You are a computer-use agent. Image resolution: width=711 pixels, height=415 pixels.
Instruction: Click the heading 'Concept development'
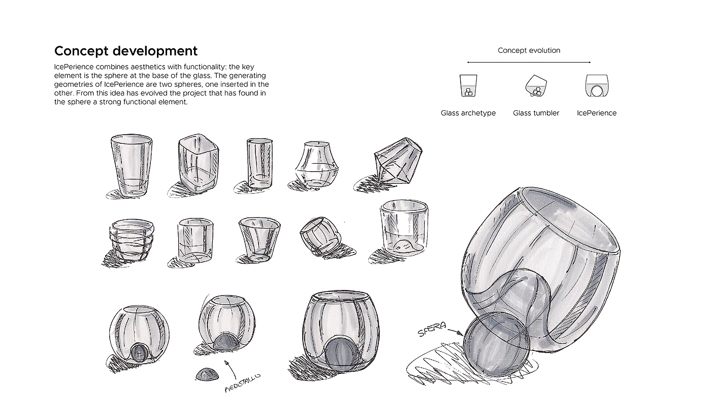tap(125, 51)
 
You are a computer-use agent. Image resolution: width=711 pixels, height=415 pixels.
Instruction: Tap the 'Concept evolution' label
tap(529, 50)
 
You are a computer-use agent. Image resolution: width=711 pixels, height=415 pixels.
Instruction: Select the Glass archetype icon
tap(468, 86)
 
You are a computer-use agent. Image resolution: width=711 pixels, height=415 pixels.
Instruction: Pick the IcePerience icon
tap(597, 86)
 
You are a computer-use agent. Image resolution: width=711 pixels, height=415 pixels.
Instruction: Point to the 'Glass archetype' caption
tap(468, 113)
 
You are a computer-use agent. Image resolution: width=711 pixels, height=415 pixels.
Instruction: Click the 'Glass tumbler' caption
tap(536, 113)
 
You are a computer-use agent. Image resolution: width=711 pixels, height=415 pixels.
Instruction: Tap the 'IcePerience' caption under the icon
tap(597, 113)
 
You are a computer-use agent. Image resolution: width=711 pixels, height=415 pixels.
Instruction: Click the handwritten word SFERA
tap(431, 331)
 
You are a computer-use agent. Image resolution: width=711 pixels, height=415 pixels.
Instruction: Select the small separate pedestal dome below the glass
tap(207, 375)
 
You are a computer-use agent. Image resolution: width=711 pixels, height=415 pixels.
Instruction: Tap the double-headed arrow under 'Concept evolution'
tap(529, 62)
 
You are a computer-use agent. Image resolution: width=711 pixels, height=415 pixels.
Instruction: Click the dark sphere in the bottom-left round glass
tap(139, 352)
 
